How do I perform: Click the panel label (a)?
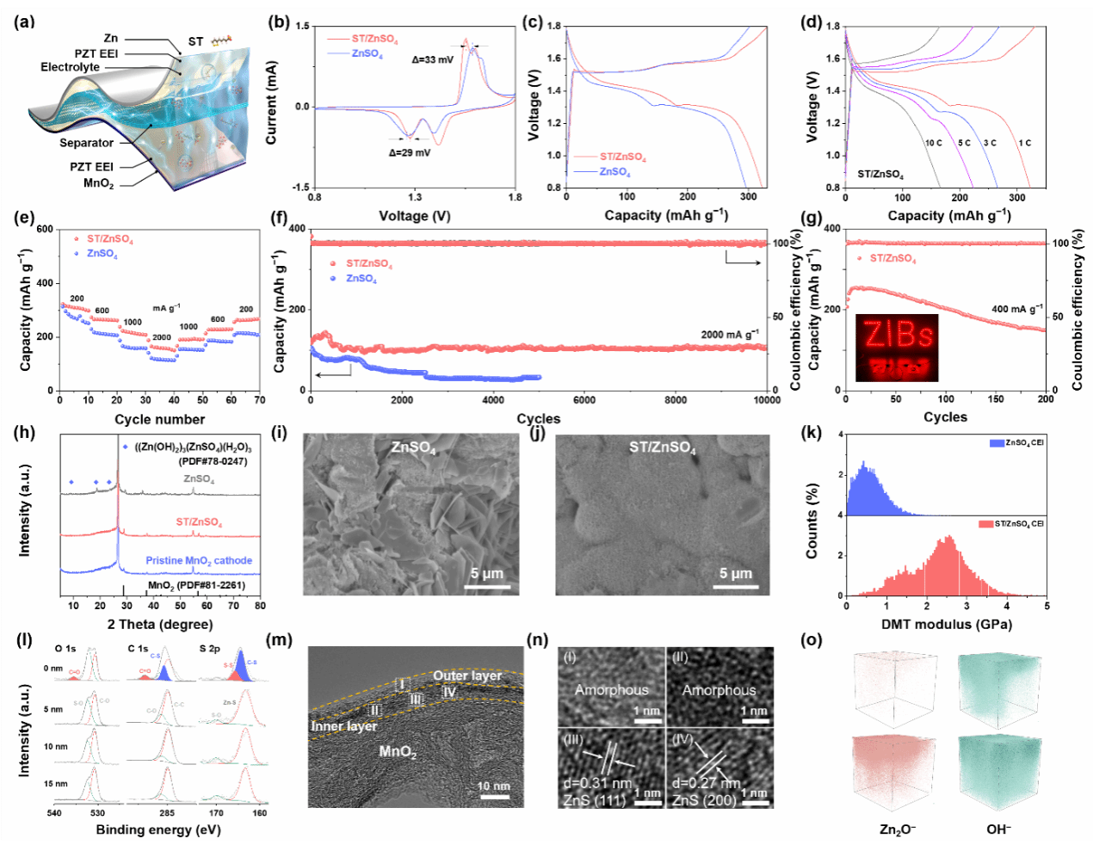(24, 22)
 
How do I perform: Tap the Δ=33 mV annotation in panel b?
(433, 60)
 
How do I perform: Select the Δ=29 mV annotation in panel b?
(410, 152)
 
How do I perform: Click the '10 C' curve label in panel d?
(934, 143)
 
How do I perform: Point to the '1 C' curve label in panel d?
(1024, 143)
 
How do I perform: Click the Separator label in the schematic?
(86, 143)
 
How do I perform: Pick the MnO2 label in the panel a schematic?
(98, 183)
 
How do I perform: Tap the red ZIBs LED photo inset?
(897, 348)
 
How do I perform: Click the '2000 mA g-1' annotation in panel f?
(730, 335)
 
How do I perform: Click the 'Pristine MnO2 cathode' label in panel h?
(199, 560)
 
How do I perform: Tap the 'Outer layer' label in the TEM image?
(467, 675)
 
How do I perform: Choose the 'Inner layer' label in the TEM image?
(343, 726)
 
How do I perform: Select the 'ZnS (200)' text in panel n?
(704, 800)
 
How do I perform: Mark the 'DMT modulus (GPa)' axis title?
(947, 624)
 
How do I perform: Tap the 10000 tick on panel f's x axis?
(767, 400)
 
